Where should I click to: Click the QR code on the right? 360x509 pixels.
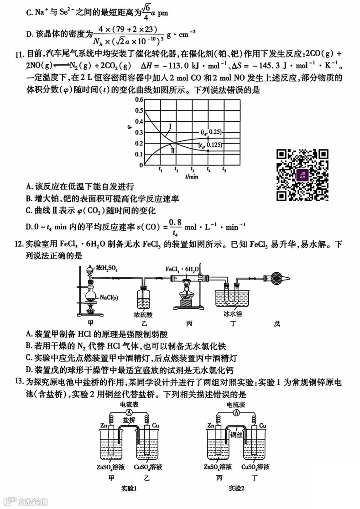click(x=303, y=175)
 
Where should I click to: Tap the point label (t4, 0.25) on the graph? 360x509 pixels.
click(x=210, y=132)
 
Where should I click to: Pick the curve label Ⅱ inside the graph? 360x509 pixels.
click(x=173, y=149)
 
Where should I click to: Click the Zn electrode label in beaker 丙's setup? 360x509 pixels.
click(x=210, y=426)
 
